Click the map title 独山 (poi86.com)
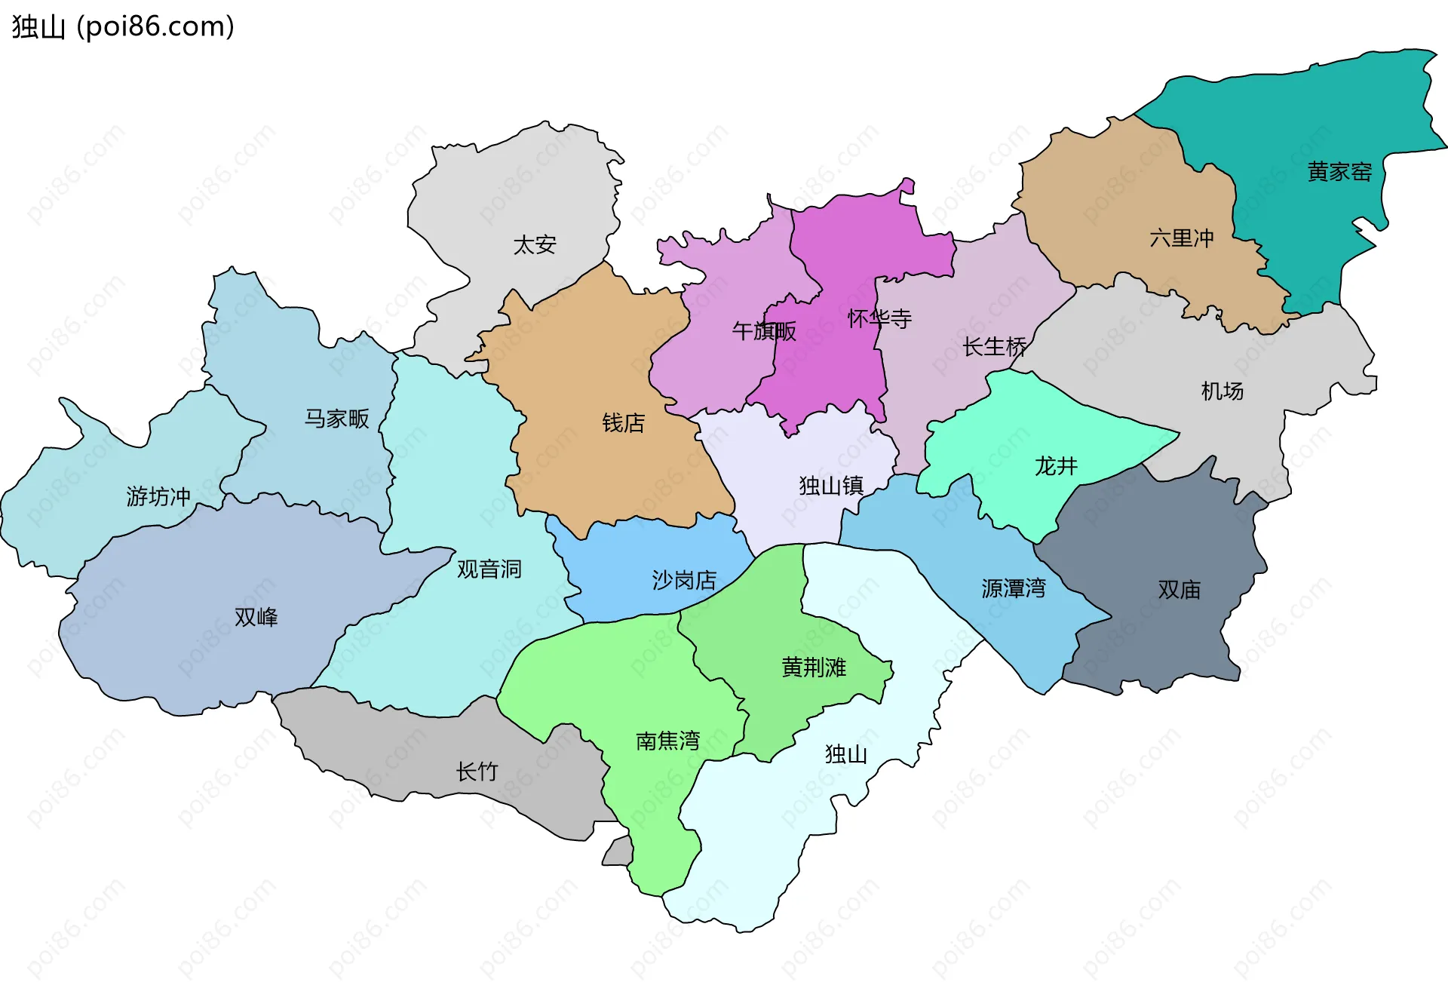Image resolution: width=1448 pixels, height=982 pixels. tap(123, 27)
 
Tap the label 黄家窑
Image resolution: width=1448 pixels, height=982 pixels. tap(1339, 172)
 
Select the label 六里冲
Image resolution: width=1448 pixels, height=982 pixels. tap(1181, 238)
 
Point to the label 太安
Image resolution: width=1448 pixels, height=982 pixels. tap(534, 244)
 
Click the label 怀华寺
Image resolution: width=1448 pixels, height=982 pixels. tap(879, 318)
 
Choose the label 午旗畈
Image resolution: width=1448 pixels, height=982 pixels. tap(763, 330)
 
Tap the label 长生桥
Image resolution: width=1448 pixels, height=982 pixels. tap(994, 347)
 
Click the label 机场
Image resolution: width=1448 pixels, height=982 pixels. tap(1222, 391)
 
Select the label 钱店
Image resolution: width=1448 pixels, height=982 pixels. tap(623, 423)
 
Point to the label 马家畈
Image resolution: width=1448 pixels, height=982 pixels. tap(336, 419)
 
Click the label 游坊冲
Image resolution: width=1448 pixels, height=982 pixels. tap(158, 496)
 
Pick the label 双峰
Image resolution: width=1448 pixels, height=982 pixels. tap(256, 617)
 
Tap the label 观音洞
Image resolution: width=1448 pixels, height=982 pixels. tap(489, 569)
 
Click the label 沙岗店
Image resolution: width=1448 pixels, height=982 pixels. tap(684, 580)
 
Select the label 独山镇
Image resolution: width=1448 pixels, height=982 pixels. tap(831, 485)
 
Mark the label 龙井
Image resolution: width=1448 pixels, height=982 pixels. tap(1056, 466)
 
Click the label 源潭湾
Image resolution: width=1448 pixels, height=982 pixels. tap(1014, 588)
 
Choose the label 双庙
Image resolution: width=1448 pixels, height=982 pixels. tap(1179, 590)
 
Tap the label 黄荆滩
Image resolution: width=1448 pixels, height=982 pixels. tap(814, 667)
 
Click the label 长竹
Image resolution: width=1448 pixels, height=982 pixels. tap(477, 771)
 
